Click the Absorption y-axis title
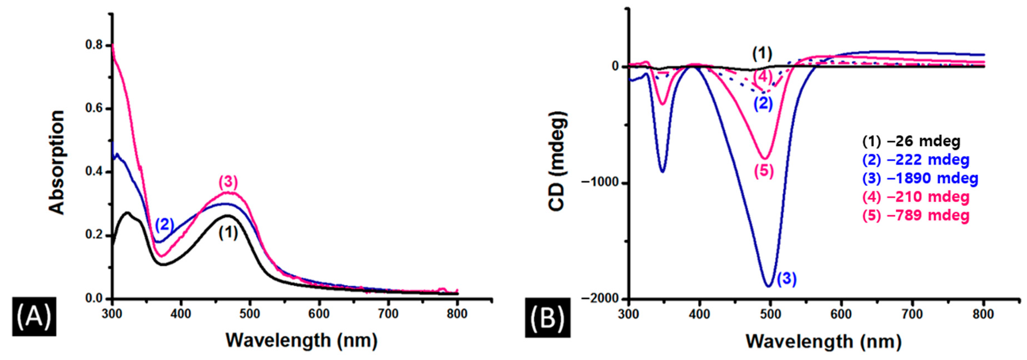57,163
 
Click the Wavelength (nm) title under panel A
301,340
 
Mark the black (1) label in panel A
228,233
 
